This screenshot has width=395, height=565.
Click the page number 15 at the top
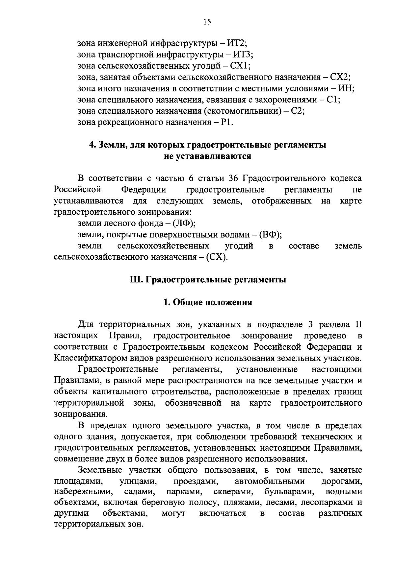207,22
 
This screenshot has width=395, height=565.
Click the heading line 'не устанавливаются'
208,156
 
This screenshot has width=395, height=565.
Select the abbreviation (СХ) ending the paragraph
217,257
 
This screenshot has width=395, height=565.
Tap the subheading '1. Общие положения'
208,302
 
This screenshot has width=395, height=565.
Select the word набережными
83,492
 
